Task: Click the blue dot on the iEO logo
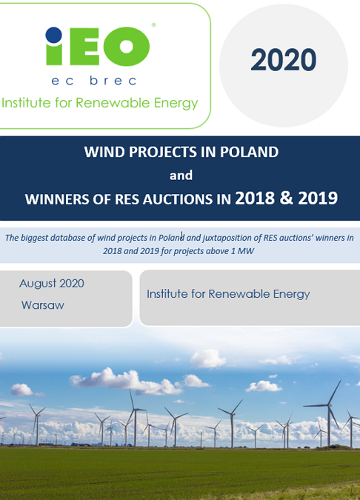coord(53,35)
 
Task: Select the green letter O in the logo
coord(126,46)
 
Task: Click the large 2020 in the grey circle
coord(284,60)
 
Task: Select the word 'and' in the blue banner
coord(181,175)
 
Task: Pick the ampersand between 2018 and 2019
coord(287,198)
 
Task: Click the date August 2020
coord(52,284)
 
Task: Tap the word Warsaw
coord(43,305)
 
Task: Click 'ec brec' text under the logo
coord(94,80)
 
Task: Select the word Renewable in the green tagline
coord(113,103)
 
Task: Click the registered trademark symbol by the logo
coord(153,25)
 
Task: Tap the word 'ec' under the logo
coord(62,81)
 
